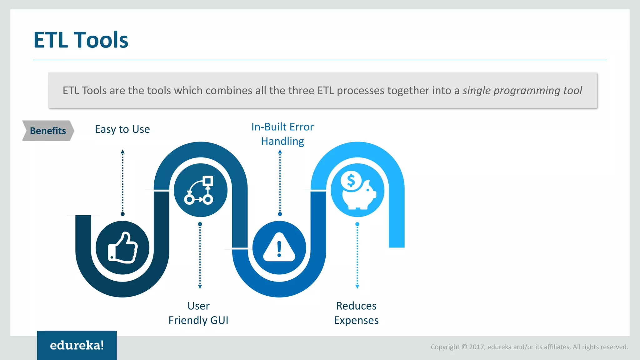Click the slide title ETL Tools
(x=81, y=40)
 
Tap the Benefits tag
(x=48, y=131)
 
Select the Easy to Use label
(x=122, y=129)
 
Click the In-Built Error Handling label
(x=282, y=134)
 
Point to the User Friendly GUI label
(x=198, y=313)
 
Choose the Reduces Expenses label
(x=356, y=313)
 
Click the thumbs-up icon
(x=122, y=248)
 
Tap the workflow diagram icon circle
(x=200, y=190)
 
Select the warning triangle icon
(x=279, y=247)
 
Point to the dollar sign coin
(x=351, y=181)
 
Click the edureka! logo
(x=77, y=345)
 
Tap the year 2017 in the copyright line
(x=477, y=347)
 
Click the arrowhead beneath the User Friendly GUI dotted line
(x=200, y=287)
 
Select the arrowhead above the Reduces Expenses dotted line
(x=357, y=287)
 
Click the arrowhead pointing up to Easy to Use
(x=122, y=152)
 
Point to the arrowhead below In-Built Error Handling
(x=280, y=152)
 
